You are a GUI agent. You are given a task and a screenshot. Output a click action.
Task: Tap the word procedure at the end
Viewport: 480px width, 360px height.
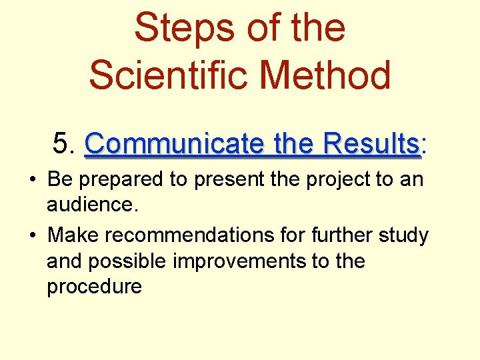[94, 287]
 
